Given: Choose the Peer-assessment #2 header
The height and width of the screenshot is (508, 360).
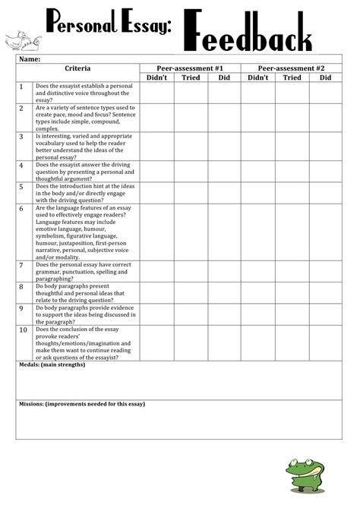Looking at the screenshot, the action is tap(292, 68).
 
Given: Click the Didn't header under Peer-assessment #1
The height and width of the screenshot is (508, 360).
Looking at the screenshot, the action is tap(156, 77).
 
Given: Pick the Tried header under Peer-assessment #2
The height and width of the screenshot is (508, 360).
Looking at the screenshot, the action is tap(292, 77).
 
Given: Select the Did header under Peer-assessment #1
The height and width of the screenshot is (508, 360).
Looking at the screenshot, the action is tap(224, 77).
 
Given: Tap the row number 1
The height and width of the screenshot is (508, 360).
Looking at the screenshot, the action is tap(22, 87).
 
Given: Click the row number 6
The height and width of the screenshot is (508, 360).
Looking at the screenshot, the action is tap(22, 208).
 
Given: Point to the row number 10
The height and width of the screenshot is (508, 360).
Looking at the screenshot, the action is tap(23, 330).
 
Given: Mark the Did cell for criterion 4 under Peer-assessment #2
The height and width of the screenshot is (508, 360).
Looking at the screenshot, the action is tap(325, 170).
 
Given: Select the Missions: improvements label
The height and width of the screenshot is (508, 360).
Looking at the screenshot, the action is tap(81, 404).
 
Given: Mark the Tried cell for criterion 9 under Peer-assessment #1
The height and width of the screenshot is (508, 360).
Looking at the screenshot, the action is tap(191, 314).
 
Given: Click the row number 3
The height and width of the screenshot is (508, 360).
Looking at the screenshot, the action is tap(22, 137).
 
